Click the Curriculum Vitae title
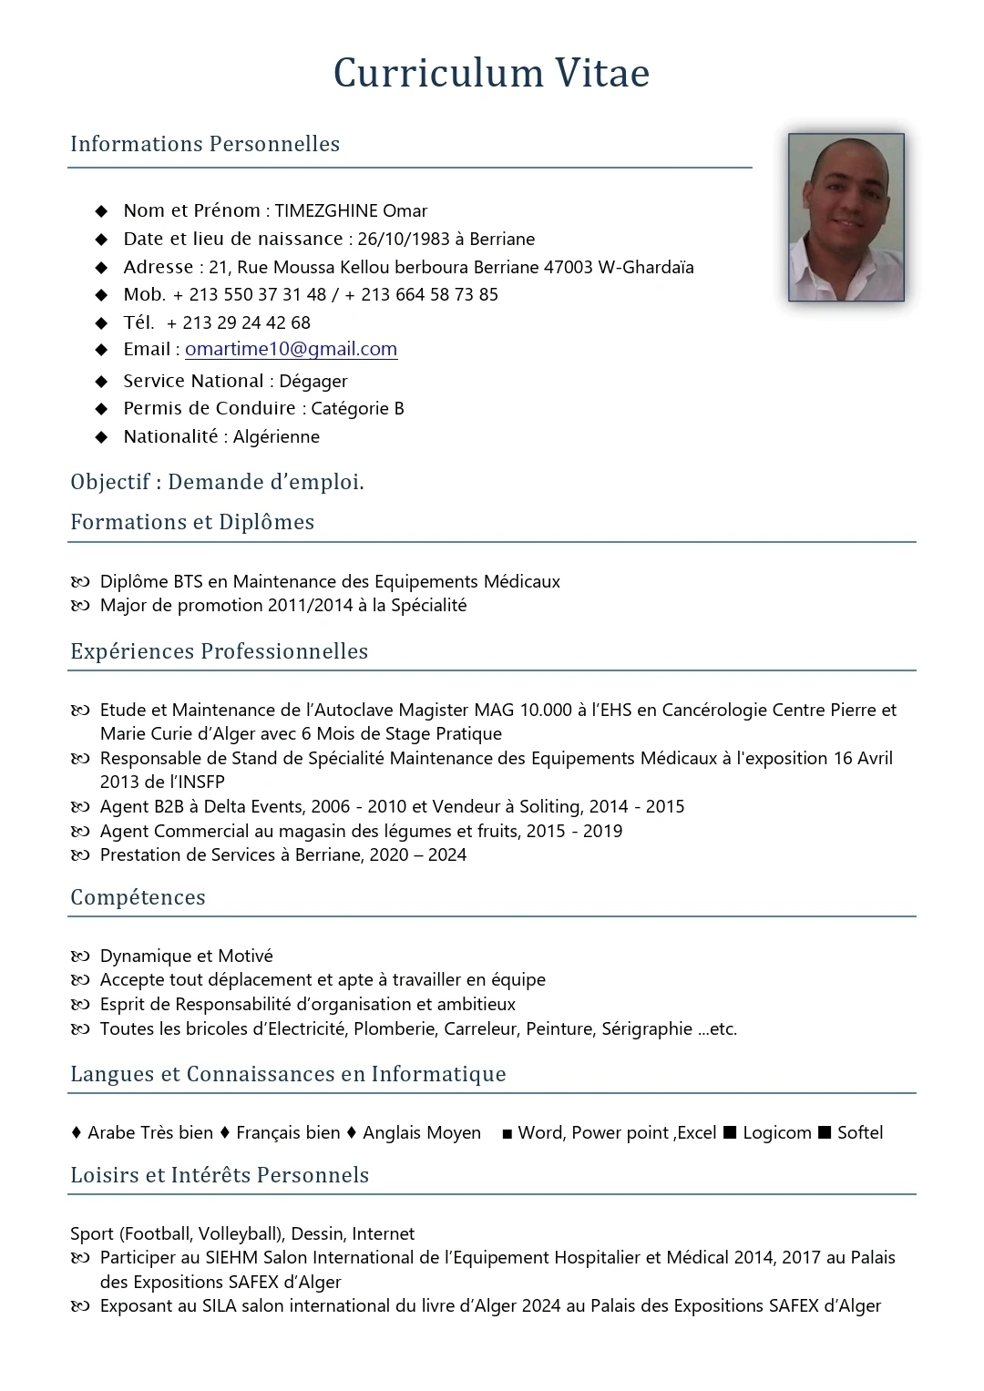[491, 73]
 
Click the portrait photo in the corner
[846, 217]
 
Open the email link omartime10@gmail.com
[291, 349]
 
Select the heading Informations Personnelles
[205, 144]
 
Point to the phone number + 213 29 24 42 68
[239, 322]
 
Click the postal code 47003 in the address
[569, 267]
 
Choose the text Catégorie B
[357, 408]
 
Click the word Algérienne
[276, 436]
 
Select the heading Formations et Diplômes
[192, 522]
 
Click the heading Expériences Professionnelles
[220, 651]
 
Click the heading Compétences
[138, 897]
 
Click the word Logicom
[776, 1132]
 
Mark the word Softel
[860, 1132]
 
